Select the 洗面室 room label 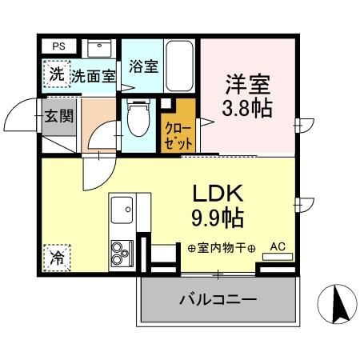coord(93,76)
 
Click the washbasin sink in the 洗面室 coord(100,48)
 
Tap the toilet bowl coord(139,120)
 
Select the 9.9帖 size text coord(217,218)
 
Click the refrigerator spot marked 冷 coord(57,258)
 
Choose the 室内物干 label coord(222,248)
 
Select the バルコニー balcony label coord(217,301)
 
